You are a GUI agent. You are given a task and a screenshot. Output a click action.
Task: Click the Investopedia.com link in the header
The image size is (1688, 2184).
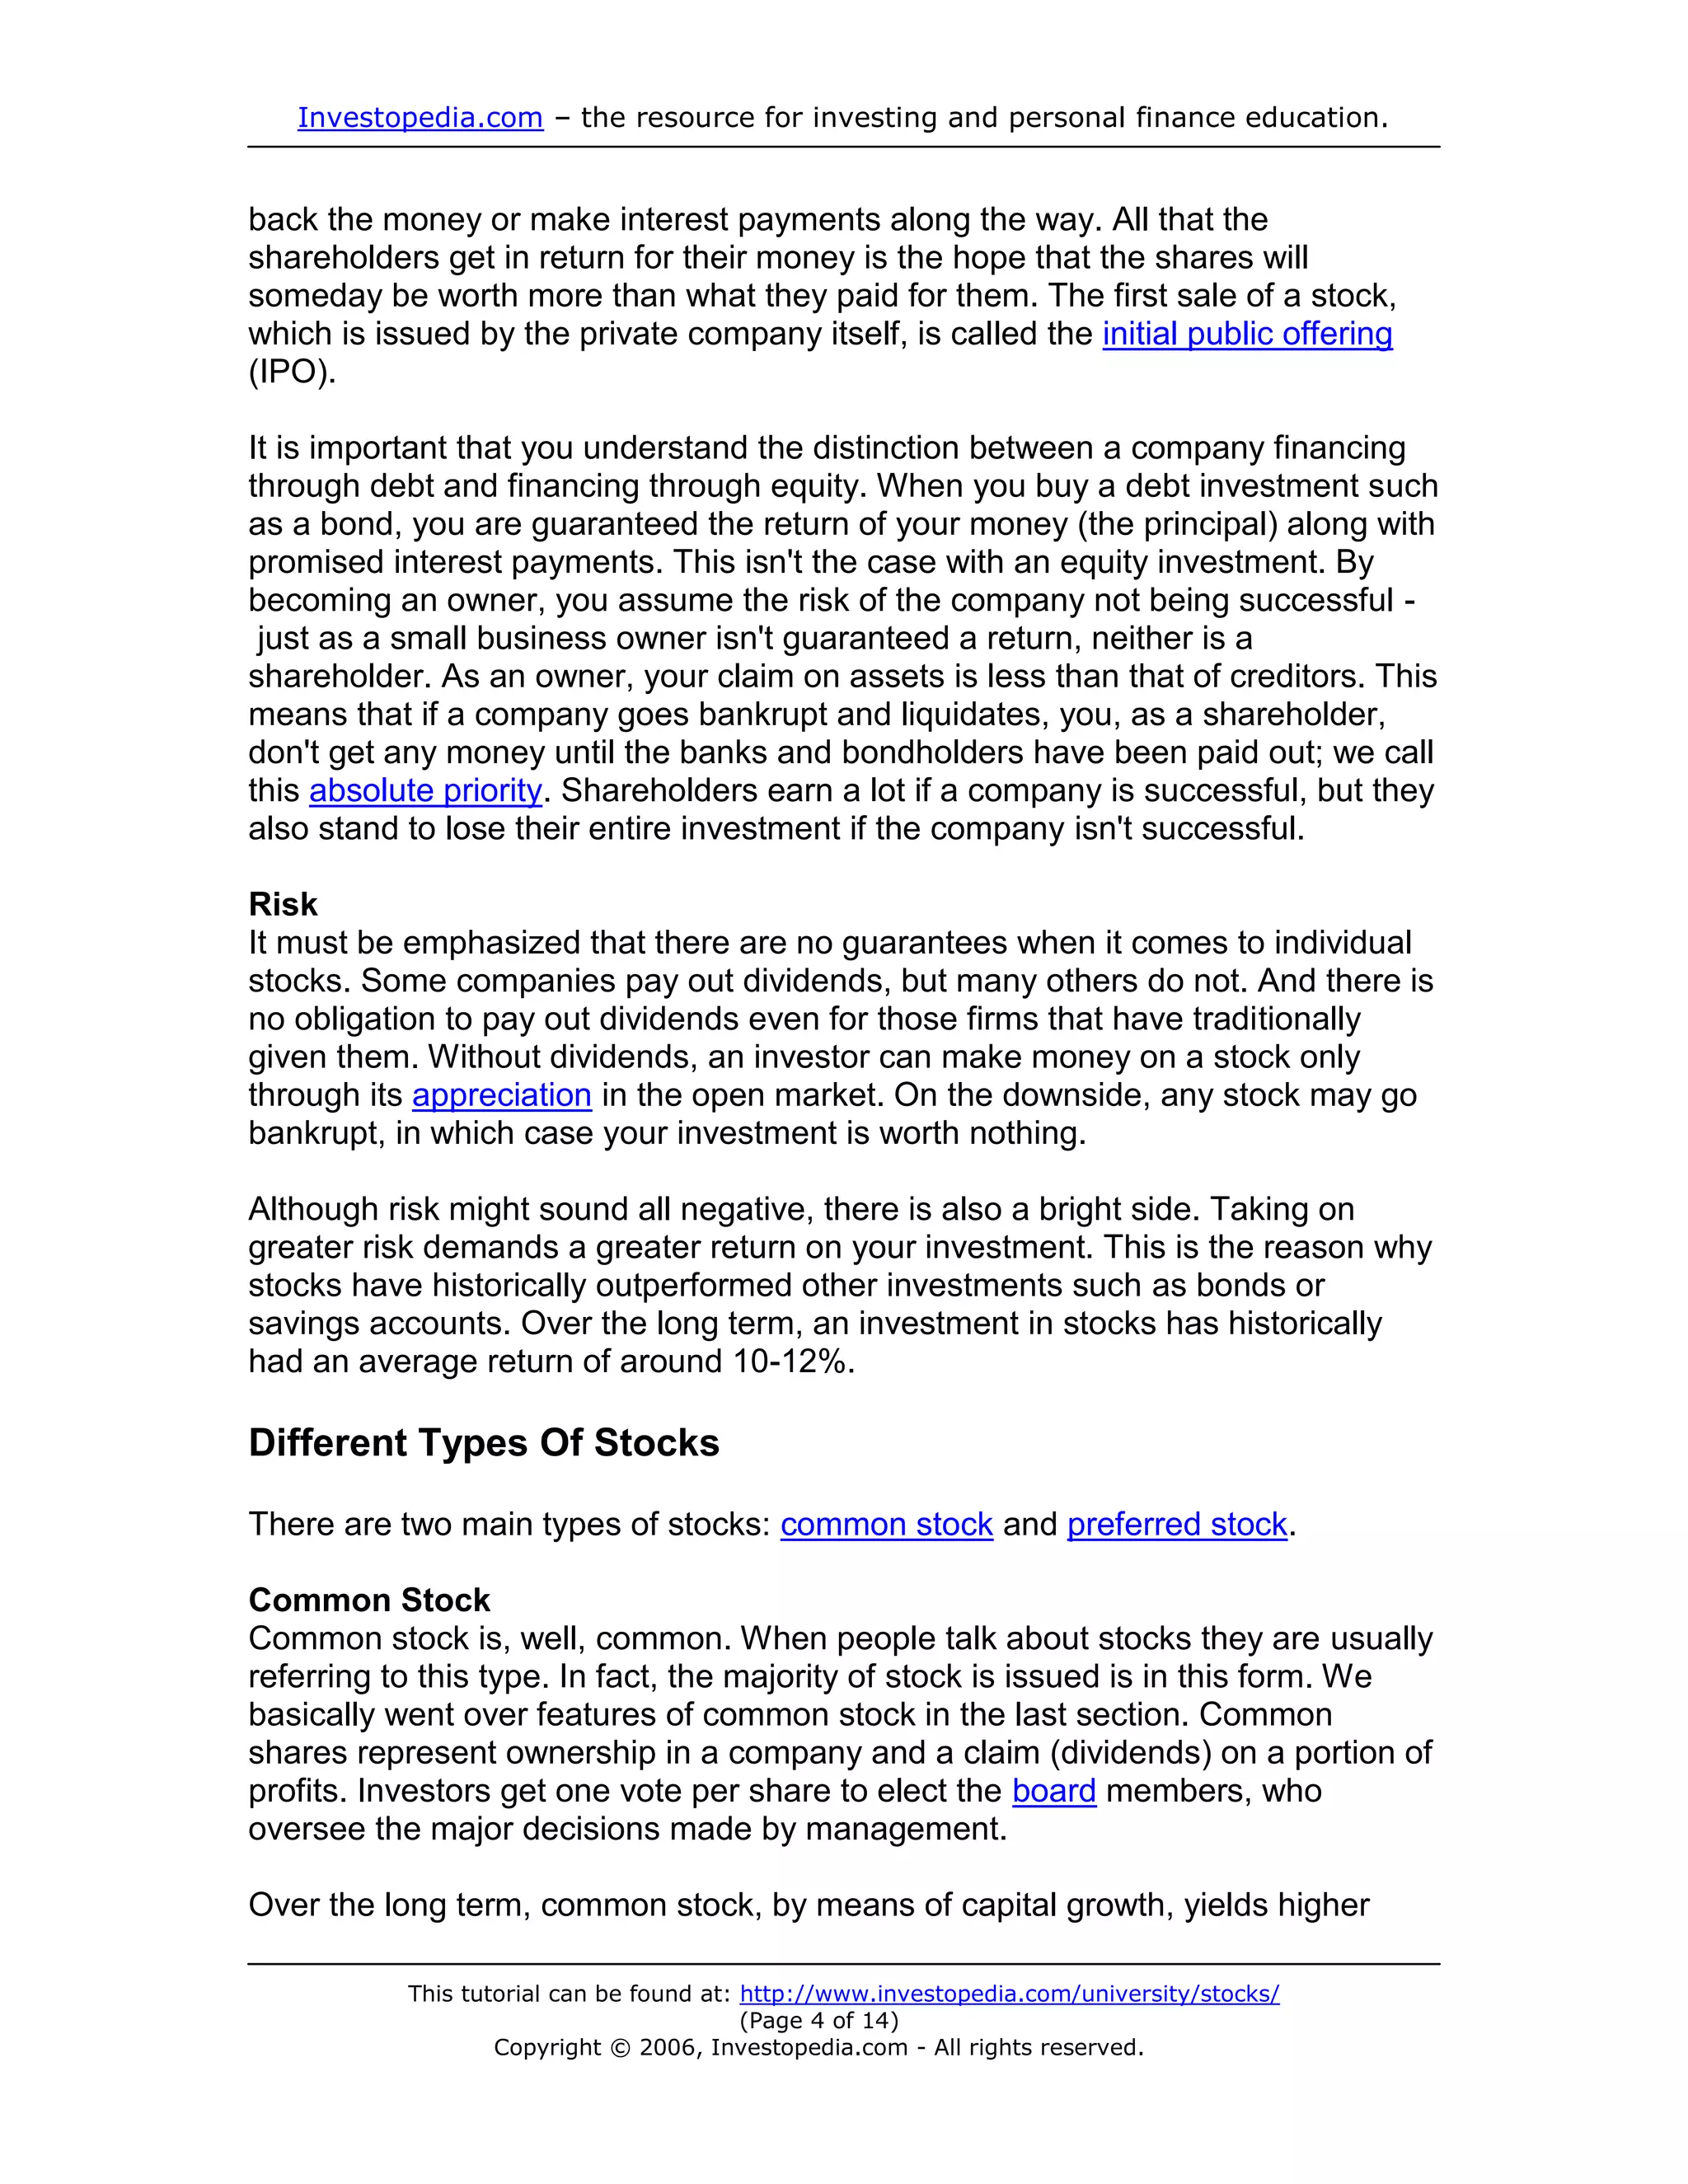pyautogui.click(x=420, y=118)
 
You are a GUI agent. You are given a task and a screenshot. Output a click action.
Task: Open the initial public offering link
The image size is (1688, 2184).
pyautogui.click(x=1247, y=334)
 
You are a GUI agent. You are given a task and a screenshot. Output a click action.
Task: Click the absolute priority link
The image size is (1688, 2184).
pyautogui.click(x=425, y=791)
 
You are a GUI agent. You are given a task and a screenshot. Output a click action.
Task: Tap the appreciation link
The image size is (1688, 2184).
pyautogui.click(x=502, y=1095)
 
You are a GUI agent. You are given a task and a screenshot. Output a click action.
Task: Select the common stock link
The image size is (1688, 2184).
pyautogui.click(x=886, y=1524)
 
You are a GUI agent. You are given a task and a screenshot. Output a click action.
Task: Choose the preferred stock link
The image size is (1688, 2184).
pyautogui.click(x=1177, y=1524)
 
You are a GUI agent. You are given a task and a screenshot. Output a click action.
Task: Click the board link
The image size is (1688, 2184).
pyautogui.click(x=1054, y=1790)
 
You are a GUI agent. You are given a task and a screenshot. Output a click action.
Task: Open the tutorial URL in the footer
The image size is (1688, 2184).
pyautogui.click(x=1009, y=1994)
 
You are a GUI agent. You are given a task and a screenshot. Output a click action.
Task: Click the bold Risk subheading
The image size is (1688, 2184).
pyautogui.click(x=283, y=904)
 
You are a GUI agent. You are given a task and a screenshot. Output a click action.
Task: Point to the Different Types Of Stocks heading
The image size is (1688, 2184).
pyautogui.click(x=484, y=1443)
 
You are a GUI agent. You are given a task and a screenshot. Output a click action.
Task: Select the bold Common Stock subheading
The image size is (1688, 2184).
pyautogui.click(x=369, y=1600)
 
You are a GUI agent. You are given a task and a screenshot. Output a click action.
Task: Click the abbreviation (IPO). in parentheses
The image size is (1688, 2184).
pyautogui.click(x=292, y=372)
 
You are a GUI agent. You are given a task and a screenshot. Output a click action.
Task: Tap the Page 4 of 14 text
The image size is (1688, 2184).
pyautogui.click(x=819, y=2021)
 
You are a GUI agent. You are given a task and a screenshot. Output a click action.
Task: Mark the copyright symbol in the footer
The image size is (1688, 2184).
pyautogui.click(x=620, y=2048)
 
